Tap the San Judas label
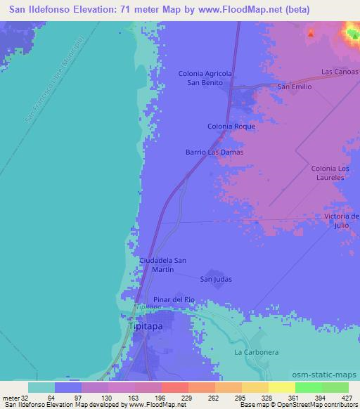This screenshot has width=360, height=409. [x=216, y=279]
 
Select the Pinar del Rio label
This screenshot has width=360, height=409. [x=173, y=299]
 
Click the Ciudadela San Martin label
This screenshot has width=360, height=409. [x=163, y=265]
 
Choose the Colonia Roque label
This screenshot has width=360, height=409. [x=231, y=126]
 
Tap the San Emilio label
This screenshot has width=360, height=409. [x=294, y=87]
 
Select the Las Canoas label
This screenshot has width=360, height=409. [x=340, y=72]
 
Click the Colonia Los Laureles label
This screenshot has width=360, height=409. [x=330, y=174]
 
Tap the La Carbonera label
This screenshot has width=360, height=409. [x=252, y=351]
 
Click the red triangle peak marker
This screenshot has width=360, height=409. [x=311, y=32]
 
